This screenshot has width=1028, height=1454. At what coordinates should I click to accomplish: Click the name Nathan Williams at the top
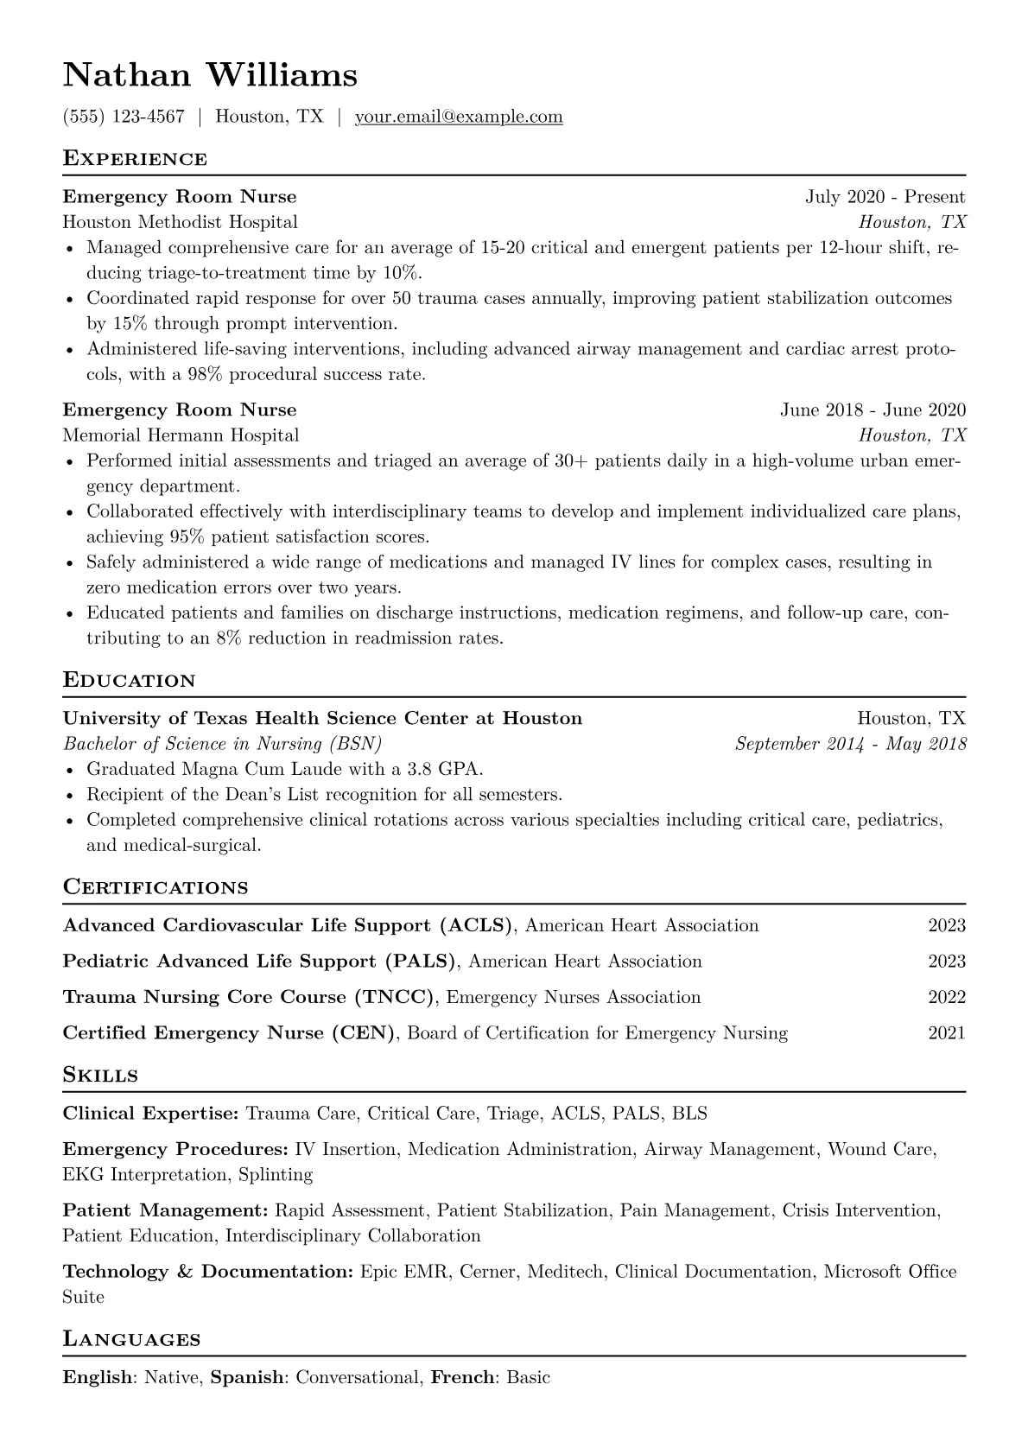210,75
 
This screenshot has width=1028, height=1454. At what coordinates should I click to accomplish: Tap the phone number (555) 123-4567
124,117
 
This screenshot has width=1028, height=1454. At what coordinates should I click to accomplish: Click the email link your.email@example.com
459,117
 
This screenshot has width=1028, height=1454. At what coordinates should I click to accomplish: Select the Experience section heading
135,159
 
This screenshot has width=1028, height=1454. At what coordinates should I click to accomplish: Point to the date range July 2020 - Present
885,197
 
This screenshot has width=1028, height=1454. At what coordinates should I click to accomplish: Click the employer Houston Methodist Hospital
180,222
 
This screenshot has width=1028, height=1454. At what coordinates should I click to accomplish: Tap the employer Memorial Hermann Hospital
181,435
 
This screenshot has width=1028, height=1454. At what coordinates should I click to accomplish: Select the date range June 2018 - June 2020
873,410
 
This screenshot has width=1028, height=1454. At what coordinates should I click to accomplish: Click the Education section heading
130,681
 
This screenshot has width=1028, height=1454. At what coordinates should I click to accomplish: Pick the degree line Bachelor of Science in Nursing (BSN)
222,744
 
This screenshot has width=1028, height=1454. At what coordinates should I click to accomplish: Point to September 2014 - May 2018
850,744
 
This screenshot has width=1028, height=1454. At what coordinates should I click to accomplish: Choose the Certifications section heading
155,888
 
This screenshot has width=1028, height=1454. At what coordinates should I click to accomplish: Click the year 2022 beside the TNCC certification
947,997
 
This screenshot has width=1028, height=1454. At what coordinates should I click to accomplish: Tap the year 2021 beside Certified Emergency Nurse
947,1033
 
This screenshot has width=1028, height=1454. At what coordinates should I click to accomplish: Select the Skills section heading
100,1076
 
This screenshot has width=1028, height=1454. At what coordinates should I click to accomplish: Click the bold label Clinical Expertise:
150,1114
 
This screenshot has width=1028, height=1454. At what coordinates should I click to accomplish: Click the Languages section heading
131,1340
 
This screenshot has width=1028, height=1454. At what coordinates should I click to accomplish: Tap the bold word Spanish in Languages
248,1378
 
